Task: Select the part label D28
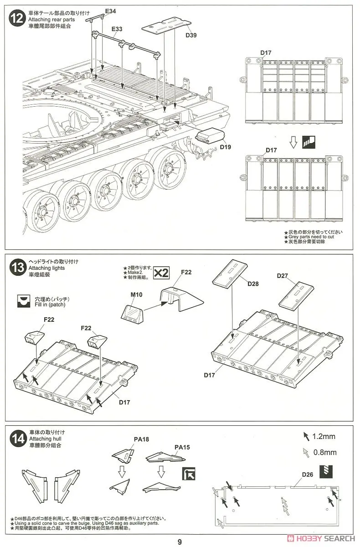coord(253,284)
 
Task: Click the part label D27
coord(283,276)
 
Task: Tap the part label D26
coord(308,475)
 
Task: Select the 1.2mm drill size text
coord(324,437)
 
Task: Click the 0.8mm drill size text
coord(324,452)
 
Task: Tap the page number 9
coord(180,542)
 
